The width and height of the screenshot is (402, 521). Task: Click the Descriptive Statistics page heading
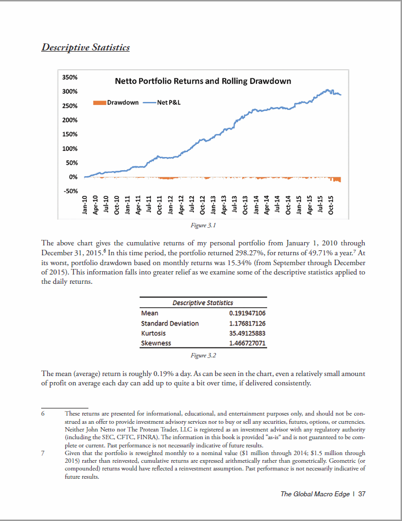click(86, 47)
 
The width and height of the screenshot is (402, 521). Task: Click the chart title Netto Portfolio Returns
click(203, 81)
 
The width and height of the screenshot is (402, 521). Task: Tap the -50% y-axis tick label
click(71, 191)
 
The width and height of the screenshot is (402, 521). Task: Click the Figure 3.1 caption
click(203, 225)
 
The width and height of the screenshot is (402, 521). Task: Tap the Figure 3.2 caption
click(203, 356)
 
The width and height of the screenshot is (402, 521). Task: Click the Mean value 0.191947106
click(247, 313)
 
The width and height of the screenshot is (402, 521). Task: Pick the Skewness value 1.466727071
click(247, 343)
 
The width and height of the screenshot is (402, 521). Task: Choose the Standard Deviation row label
click(170, 323)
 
